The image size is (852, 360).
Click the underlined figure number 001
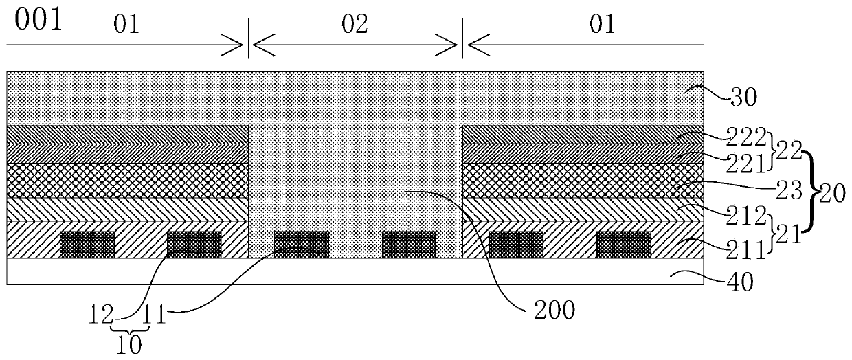36,19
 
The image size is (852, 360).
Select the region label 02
355,25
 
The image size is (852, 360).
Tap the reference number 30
742,97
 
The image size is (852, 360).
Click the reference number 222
744,139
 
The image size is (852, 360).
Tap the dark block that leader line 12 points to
194,245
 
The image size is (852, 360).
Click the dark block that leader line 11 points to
302,245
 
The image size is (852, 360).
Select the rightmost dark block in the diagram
623,245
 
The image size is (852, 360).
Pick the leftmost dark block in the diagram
87,245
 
